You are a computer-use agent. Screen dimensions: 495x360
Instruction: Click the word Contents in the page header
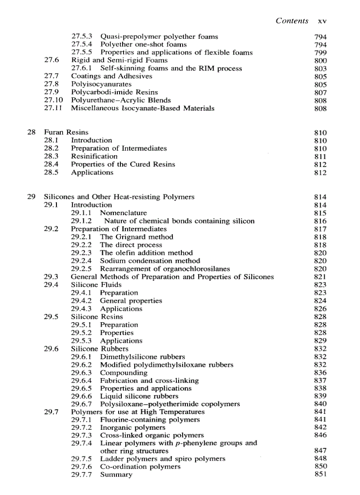(292, 21)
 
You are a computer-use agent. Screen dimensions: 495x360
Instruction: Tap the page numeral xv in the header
(322, 21)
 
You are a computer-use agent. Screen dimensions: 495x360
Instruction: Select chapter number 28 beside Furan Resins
(31, 132)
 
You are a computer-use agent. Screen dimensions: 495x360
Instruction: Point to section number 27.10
(52, 100)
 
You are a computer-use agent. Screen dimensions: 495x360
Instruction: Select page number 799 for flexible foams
(320, 53)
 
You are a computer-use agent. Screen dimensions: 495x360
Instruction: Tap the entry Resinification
(94, 156)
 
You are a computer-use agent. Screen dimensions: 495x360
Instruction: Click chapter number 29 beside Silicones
(31, 197)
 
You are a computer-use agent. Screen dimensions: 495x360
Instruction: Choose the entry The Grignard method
(137, 237)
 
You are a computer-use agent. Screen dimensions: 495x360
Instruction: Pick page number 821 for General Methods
(320, 277)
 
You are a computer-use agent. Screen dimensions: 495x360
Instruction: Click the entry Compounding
(124, 373)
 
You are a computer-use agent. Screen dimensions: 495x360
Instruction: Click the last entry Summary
(116, 475)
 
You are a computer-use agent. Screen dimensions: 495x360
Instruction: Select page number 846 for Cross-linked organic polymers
(320, 435)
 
